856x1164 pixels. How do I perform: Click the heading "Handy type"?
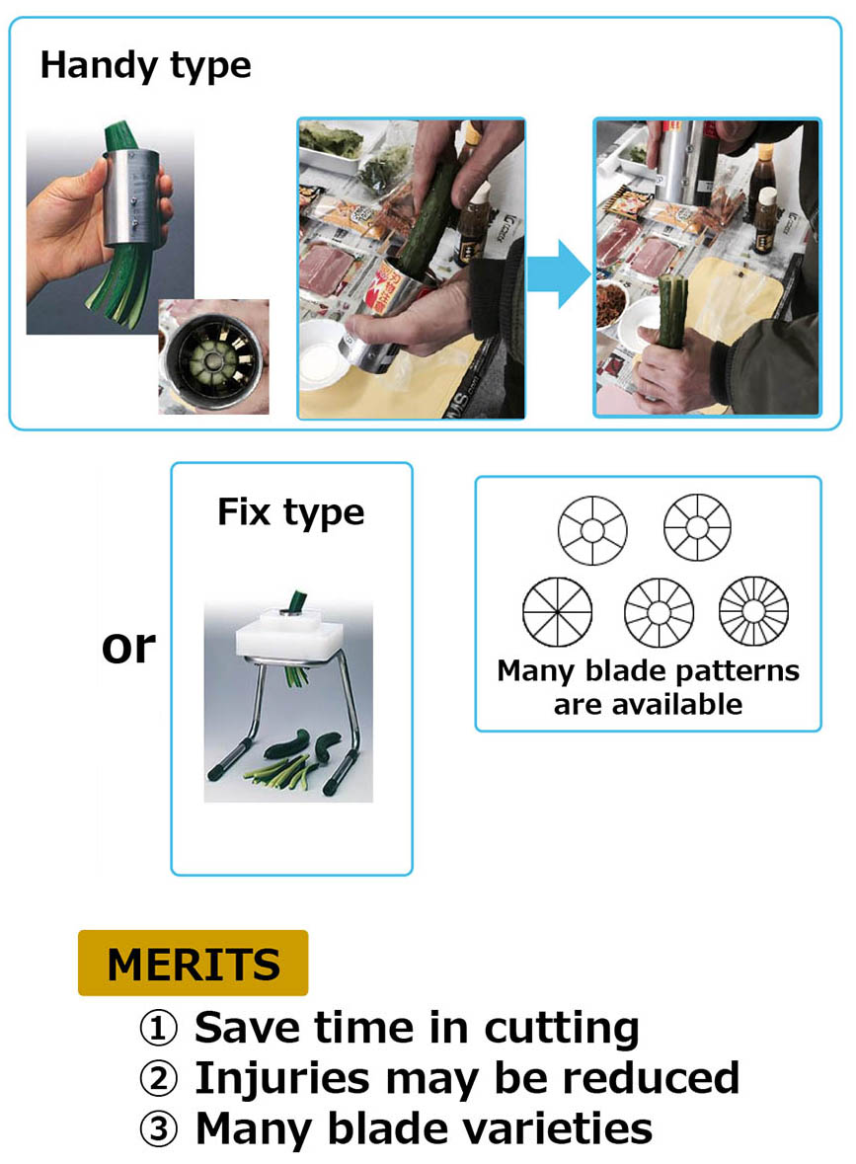145,65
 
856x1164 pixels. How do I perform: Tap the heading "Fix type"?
291,512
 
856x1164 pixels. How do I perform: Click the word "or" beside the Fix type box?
128,648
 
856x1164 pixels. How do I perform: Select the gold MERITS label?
194,963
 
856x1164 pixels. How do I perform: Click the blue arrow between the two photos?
558,273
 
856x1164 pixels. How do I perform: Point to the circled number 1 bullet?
159,1028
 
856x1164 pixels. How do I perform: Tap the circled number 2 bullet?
159,1079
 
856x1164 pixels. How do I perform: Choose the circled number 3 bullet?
159,1129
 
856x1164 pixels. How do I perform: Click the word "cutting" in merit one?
561,1029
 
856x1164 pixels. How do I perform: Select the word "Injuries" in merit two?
282,1079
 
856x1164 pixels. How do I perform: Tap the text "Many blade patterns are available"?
648,687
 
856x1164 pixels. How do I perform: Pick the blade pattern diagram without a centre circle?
558,612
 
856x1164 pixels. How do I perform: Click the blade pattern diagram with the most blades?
753,611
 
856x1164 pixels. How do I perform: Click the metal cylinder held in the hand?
131,196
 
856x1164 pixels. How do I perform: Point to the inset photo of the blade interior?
214,357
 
